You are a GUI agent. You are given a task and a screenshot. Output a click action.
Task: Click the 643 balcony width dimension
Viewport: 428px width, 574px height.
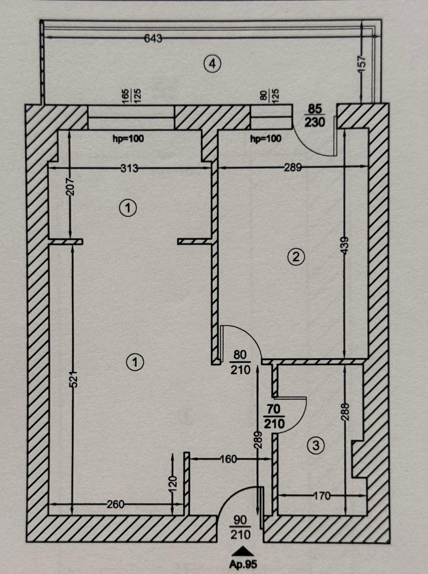(x=153, y=38)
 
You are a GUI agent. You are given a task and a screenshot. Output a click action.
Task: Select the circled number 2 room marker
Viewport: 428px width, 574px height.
(x=296, y=257)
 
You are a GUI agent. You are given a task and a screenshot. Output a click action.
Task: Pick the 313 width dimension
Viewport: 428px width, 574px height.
(x=129, y=169)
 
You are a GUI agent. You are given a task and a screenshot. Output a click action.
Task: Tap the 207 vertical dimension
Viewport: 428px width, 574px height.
(x=70, y=187)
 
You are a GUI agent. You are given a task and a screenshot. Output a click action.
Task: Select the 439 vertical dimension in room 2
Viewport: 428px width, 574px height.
(x=345, y=246)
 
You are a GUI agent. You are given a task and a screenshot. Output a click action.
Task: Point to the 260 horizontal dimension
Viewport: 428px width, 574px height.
(x=115, y=504)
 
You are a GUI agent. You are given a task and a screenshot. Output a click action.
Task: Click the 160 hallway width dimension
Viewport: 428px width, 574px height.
(x=229, y=459)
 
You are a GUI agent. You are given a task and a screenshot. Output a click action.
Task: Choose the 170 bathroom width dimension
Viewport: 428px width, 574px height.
(x=322, y=496)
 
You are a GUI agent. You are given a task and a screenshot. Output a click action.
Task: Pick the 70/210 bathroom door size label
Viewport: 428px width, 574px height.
(x=274, y=416)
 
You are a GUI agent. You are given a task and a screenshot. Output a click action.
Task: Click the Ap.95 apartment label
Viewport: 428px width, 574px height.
(x=243, y=564)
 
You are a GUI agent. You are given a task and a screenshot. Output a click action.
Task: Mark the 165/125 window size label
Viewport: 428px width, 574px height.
(x=132, y=96)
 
